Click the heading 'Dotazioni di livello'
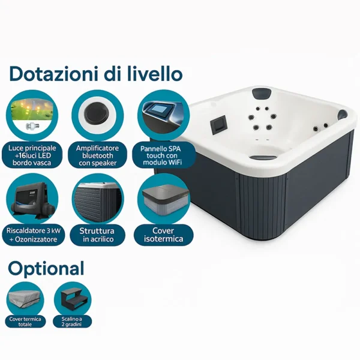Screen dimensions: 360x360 (x=96, y=74)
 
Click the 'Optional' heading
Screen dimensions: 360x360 (x=46, y=269)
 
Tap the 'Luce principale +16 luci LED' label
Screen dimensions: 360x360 (x=32, y=155)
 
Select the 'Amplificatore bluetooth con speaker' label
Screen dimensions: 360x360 (x=98, y=155)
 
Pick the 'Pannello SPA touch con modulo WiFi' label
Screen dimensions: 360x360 (x=162, y=155)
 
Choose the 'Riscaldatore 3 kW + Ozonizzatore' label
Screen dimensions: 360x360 (x=34, y=235)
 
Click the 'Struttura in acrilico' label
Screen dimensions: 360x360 (x=98, y=235)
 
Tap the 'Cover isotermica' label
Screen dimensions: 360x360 (x=163, y=235)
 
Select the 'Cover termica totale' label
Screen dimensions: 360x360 (x=25, y=322)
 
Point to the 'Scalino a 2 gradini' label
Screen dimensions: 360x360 (x=72, y=322)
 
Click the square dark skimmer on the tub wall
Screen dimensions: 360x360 (x=218, y=123)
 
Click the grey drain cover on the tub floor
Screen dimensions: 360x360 (x=263, y=157)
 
